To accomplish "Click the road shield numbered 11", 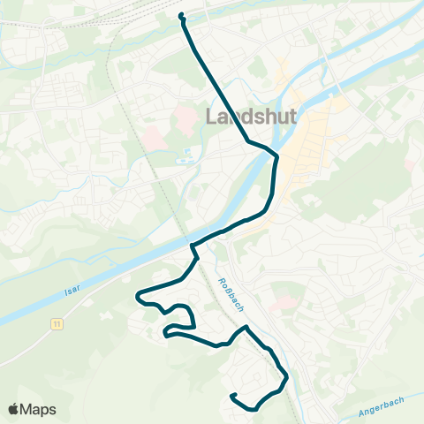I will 57,324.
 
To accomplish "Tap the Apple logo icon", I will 15,409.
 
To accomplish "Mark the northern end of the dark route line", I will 181,15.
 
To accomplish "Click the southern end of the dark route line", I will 232,396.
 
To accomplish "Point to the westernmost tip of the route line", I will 136,297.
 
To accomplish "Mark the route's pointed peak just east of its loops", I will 247,327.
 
